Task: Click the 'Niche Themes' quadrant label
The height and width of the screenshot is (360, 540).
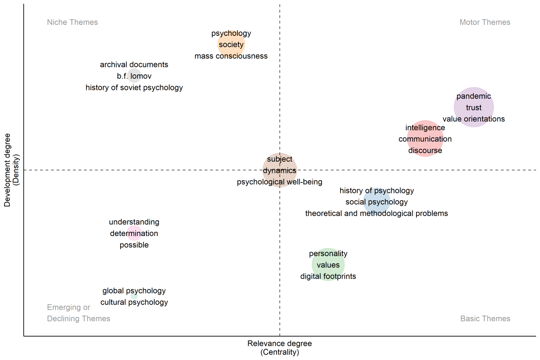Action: tap(72, 22)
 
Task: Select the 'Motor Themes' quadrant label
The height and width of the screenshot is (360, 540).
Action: tap(484, 22)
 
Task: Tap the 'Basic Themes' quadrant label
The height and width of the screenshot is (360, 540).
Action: tap(485, 318)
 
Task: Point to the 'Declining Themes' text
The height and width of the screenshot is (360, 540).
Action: tap(79, 318)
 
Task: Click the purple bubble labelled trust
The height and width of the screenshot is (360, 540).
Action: tap(473, 107)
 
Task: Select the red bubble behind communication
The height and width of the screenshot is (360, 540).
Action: tap(425, 139)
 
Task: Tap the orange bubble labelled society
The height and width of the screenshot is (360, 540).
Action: tap(231, 44)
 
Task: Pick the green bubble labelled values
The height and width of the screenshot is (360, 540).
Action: tap(328, 265)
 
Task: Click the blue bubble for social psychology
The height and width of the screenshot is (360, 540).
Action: tap(377, 202)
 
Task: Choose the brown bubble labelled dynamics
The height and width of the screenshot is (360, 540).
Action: tap(280, 170)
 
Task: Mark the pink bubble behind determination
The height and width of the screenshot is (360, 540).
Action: tap(134, 233)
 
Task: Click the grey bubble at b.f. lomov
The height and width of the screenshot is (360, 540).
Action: tap(134, 76)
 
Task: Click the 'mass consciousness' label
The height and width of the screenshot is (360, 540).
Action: tap(231, 56)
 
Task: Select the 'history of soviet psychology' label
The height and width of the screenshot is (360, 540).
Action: tap(134, 88)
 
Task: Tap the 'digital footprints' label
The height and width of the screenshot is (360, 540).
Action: tap(328, 276)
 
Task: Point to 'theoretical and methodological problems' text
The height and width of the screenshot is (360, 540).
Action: tap(376, 213)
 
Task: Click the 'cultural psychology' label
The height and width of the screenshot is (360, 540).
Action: tap(134, 302)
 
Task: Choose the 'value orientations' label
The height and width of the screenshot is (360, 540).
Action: tap(473, 119)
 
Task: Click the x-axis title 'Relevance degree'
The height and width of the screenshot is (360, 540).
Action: tap(280, 343)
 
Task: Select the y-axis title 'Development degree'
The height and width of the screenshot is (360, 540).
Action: tap(7, 170)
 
